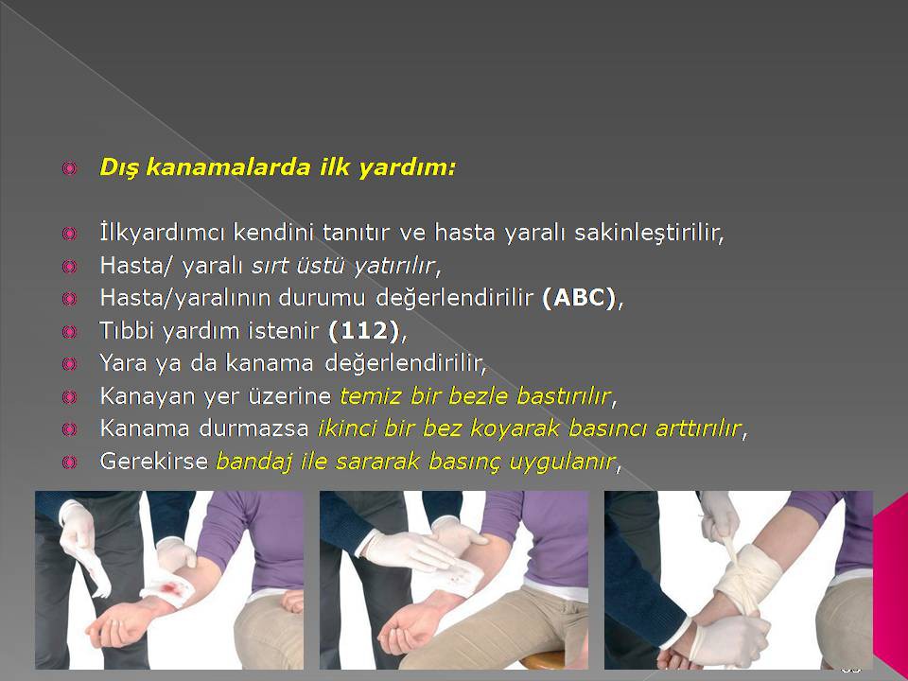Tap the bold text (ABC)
point(579,298)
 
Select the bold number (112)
point(363,331)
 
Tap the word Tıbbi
point(128,331)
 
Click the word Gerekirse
point(153,462)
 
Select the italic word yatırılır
point(394,266)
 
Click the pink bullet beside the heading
point(69,168)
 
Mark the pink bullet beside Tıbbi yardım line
point(69,332)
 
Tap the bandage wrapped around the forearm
point(749,577)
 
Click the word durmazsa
point(253,428)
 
